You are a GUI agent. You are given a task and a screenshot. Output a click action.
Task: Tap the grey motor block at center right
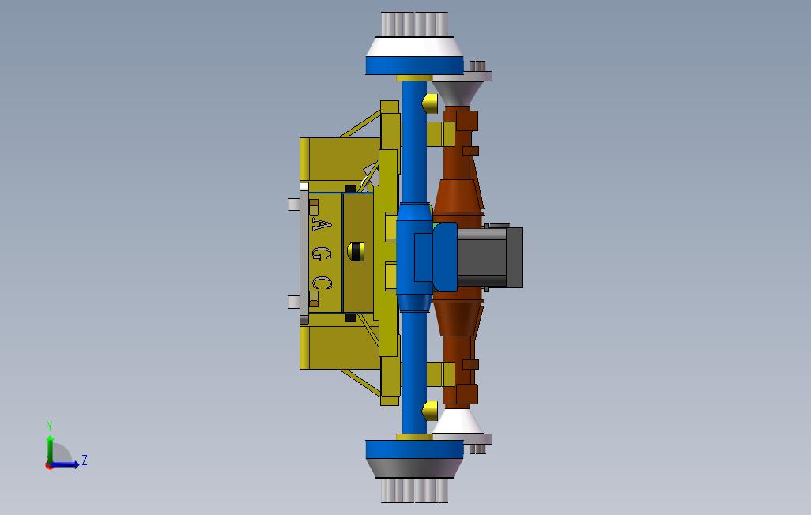490,257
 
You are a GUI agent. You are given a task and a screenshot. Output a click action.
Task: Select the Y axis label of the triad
50,427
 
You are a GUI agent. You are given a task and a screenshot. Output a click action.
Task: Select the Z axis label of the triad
85,460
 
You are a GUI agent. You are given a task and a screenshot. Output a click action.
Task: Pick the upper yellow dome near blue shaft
430,103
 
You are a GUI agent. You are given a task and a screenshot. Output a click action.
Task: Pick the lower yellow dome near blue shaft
430,410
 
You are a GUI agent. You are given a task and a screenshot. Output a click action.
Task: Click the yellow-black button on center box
356,252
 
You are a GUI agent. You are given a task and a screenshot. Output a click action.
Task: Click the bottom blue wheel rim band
414,449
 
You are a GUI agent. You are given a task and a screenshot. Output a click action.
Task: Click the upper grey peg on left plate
293,205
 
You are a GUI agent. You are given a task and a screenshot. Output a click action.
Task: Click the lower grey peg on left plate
293,302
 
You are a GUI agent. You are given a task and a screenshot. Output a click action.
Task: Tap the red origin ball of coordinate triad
50,465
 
